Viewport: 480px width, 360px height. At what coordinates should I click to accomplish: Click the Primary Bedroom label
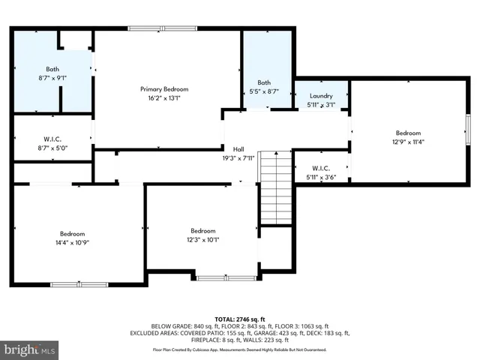tap(160, 88)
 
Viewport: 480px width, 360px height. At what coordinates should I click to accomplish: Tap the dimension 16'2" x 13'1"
tap(160, 97)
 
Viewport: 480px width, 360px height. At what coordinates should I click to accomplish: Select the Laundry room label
tap(320, 96)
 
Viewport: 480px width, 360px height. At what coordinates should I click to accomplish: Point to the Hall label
tap(238, 149)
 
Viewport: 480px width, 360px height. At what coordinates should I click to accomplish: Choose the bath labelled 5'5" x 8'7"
tap(264, 82)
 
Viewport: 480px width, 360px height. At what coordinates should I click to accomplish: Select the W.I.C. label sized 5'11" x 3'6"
tap(320, 168)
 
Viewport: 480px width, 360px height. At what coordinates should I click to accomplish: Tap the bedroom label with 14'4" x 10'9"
tap(73, 233)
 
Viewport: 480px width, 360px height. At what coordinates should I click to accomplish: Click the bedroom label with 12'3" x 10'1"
tap(203, 231)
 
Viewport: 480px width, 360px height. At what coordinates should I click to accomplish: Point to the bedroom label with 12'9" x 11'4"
tap(409, 133)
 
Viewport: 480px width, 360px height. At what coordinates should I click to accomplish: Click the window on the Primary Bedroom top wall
tap(163, 28)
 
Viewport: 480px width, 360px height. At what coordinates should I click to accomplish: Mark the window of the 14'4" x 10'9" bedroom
tap(79, 283)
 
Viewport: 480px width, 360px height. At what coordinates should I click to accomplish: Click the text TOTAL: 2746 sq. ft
tap(240, 319)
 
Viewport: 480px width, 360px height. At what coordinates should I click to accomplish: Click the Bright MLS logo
tap(30, 349)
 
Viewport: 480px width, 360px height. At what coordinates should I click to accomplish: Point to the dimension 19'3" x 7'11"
tap(238, 158)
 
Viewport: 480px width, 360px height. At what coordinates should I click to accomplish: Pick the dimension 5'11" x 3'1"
tap(320, 105)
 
